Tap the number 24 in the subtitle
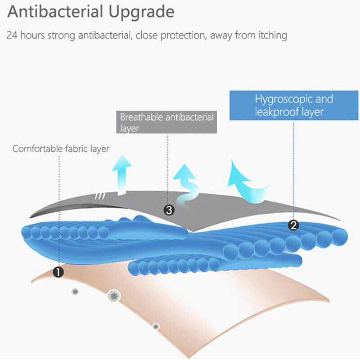point(13,35)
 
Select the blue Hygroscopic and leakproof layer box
point(294,105)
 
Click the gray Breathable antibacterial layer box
point(166,122)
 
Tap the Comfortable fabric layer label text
point(61,148)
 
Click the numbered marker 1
point(58,271)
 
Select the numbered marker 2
point(293,225)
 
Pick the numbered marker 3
point(168,210)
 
